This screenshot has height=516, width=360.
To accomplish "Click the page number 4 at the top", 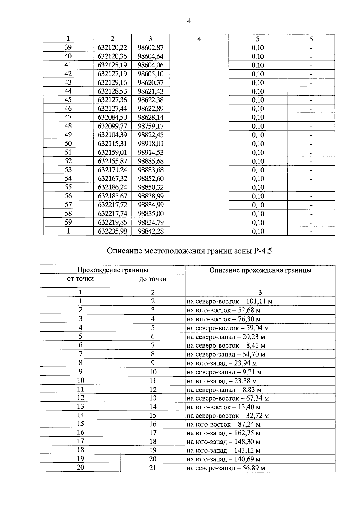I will coord(189,21).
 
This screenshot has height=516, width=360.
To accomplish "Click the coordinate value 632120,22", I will coord(112,48).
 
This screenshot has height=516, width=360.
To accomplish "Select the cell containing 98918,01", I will coord(151,144).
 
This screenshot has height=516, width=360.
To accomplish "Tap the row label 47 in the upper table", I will coord(68,117).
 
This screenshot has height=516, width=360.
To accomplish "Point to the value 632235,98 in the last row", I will coord(112,231).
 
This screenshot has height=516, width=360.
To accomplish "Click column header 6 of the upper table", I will coord(311,39).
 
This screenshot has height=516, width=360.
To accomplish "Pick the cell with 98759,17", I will coord(151,126).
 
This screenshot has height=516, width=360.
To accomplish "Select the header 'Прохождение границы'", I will coord(112,270).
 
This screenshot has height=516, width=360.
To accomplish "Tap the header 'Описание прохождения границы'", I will coord(260,270).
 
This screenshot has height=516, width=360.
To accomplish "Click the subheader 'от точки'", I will coord(80,279).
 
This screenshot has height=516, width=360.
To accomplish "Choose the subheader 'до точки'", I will coord(153,279).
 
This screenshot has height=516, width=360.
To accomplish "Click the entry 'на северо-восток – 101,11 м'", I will coord(229,301).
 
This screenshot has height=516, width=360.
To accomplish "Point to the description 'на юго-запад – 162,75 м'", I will coord(223,433).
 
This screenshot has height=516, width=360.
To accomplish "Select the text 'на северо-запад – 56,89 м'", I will coord(226,468).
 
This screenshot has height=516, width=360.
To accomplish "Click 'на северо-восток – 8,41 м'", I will coord(226,346).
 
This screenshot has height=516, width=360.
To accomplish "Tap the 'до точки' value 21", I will coord(153,468).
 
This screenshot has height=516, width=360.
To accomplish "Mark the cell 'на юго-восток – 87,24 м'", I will coord(223,424).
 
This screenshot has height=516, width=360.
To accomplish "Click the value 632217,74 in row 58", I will coord(112,214).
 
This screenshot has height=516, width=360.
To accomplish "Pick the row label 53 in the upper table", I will coord(68,170).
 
